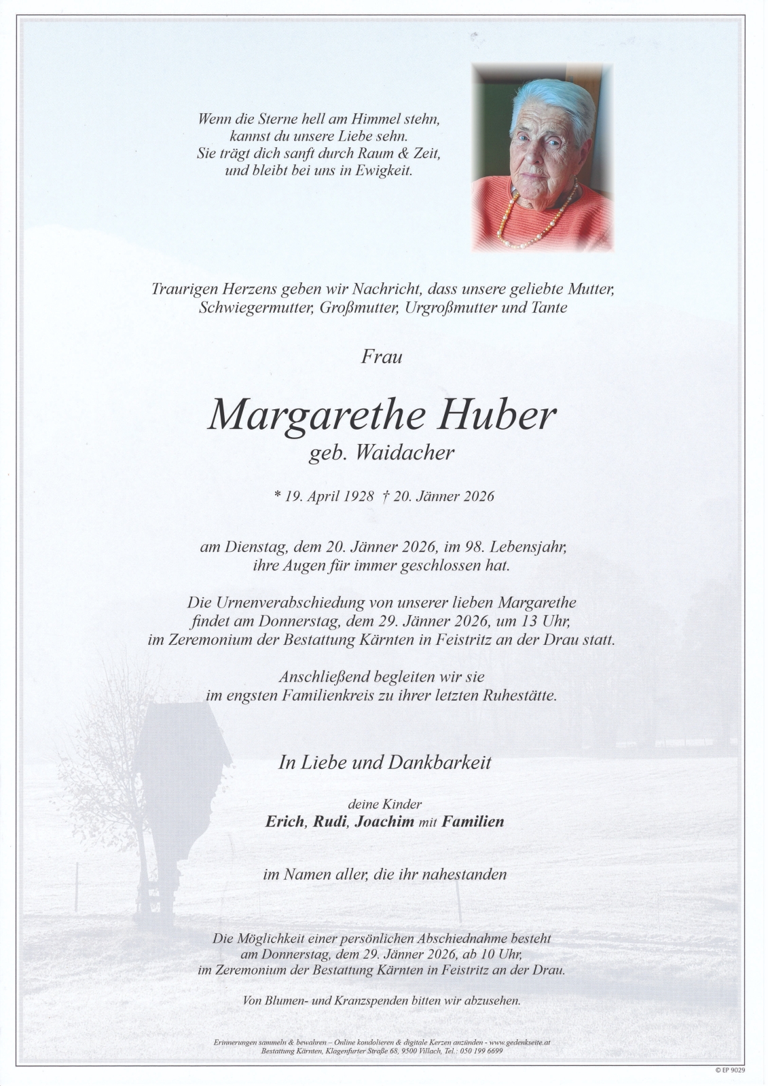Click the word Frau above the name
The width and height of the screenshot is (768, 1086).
coord(381,356)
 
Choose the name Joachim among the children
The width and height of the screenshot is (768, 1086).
coord(384,822)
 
